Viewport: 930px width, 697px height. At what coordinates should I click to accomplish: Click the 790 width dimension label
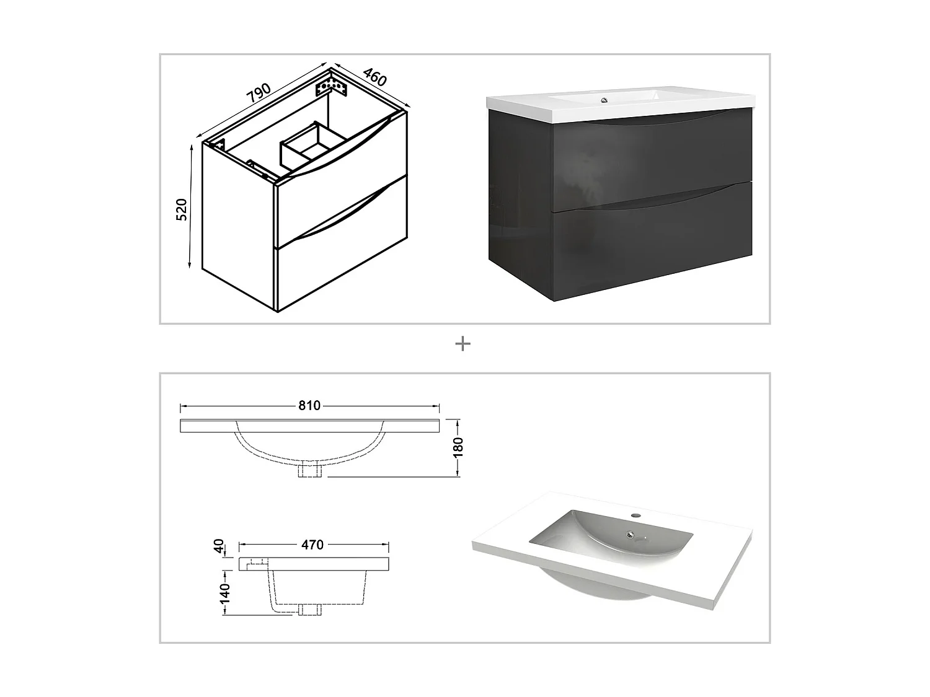pyautogui.click(x=259, y=93)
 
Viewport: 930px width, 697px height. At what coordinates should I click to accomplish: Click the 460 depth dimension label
pyautogui.click(x=374, y=77)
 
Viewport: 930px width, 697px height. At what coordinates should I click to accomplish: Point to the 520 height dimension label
pyautogui.click(x=182, y=210)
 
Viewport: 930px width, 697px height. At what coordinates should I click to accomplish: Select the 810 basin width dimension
pyautogui.click(x=309, y=406)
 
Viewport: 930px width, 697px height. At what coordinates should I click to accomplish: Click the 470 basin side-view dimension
pyautogui.click(x=312, y=545)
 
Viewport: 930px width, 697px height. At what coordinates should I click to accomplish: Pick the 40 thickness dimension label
pyautogui.click(x=218, y=546)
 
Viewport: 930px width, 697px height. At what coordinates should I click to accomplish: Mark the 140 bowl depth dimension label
pyautogui.click(x=224, y=593)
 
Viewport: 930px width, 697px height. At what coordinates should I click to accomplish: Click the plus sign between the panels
pyautogui.click(x=463, y=344)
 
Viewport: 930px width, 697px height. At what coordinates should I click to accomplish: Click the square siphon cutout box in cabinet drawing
pyautogui.click(x=305, y=147)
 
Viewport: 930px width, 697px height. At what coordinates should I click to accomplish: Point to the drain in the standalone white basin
pyautogui.click(x=631, y=534)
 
